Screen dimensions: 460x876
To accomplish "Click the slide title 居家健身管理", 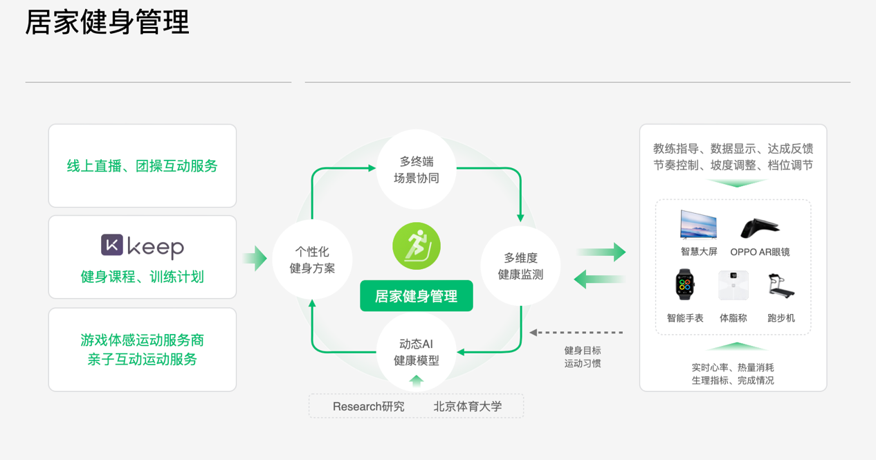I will coord(107,22).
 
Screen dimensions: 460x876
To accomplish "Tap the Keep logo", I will coord(143,246).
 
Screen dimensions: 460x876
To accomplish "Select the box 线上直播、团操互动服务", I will coord(143,166).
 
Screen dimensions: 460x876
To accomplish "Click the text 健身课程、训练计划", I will coord(143,277).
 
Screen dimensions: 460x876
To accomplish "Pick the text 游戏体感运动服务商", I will coord(143,340).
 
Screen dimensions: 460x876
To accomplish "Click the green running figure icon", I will coord(417,246).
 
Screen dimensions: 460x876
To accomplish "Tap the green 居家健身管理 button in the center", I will coord(417,296).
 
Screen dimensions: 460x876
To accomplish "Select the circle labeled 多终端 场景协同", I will coord(417,169).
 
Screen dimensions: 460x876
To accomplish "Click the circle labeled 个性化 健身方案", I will coord(312,259).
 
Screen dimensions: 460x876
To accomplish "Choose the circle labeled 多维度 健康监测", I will coord(520,266).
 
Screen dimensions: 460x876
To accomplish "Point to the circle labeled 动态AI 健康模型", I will coord(417,352).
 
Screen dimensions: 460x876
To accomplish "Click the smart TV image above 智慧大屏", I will coord(699,226).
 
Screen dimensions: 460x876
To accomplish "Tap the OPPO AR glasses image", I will coord(760,228).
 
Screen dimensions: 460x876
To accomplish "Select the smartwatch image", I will coord(685,285).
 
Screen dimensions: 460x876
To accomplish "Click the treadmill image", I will coord(781,285).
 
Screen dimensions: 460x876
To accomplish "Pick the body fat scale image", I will coord(733,285).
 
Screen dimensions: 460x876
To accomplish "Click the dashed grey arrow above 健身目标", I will coord(576,333).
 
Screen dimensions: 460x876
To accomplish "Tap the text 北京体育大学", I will coord(468,407).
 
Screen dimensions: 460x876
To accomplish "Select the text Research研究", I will coord(368,407).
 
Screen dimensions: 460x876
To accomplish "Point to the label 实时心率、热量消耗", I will coord(733,367).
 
